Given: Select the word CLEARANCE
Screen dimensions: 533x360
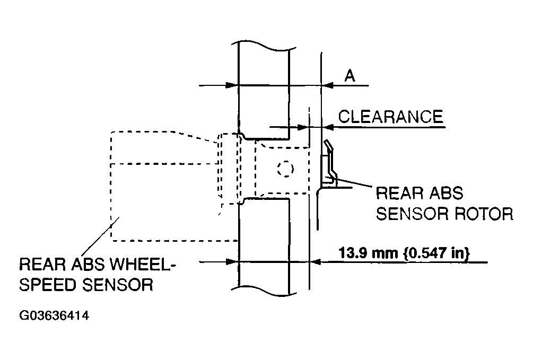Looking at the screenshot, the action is tap(390, 117).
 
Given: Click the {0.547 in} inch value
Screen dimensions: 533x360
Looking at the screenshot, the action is tap(436, 253).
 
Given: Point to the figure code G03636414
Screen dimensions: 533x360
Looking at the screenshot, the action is tap(54, 315).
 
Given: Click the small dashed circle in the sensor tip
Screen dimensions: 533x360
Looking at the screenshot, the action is tap(285, 169).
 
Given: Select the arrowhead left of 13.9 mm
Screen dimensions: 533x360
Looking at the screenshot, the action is tap(316, 262).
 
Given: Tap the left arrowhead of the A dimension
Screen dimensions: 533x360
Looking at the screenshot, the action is tap(232, 85).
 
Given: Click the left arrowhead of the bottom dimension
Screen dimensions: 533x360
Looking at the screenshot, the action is tap(232, 262).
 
